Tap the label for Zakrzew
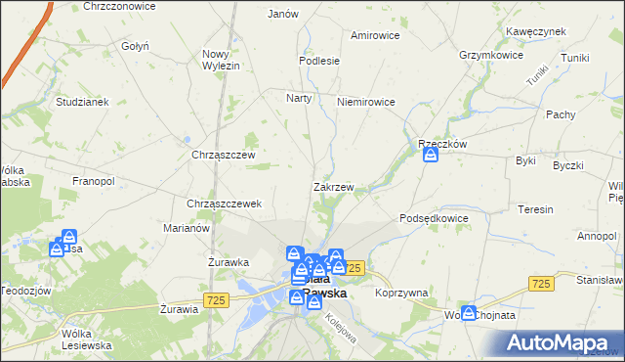click(x=333, y=186)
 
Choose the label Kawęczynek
click(x=536, y=31)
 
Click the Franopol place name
click(x=94, y=181)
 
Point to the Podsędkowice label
click(x=435, y=218)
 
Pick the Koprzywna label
click(x=401, y=292)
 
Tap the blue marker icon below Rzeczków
click(x=430, y=156)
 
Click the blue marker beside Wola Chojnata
click(x=469, y=313)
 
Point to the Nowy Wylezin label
click(x=221, y=61)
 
